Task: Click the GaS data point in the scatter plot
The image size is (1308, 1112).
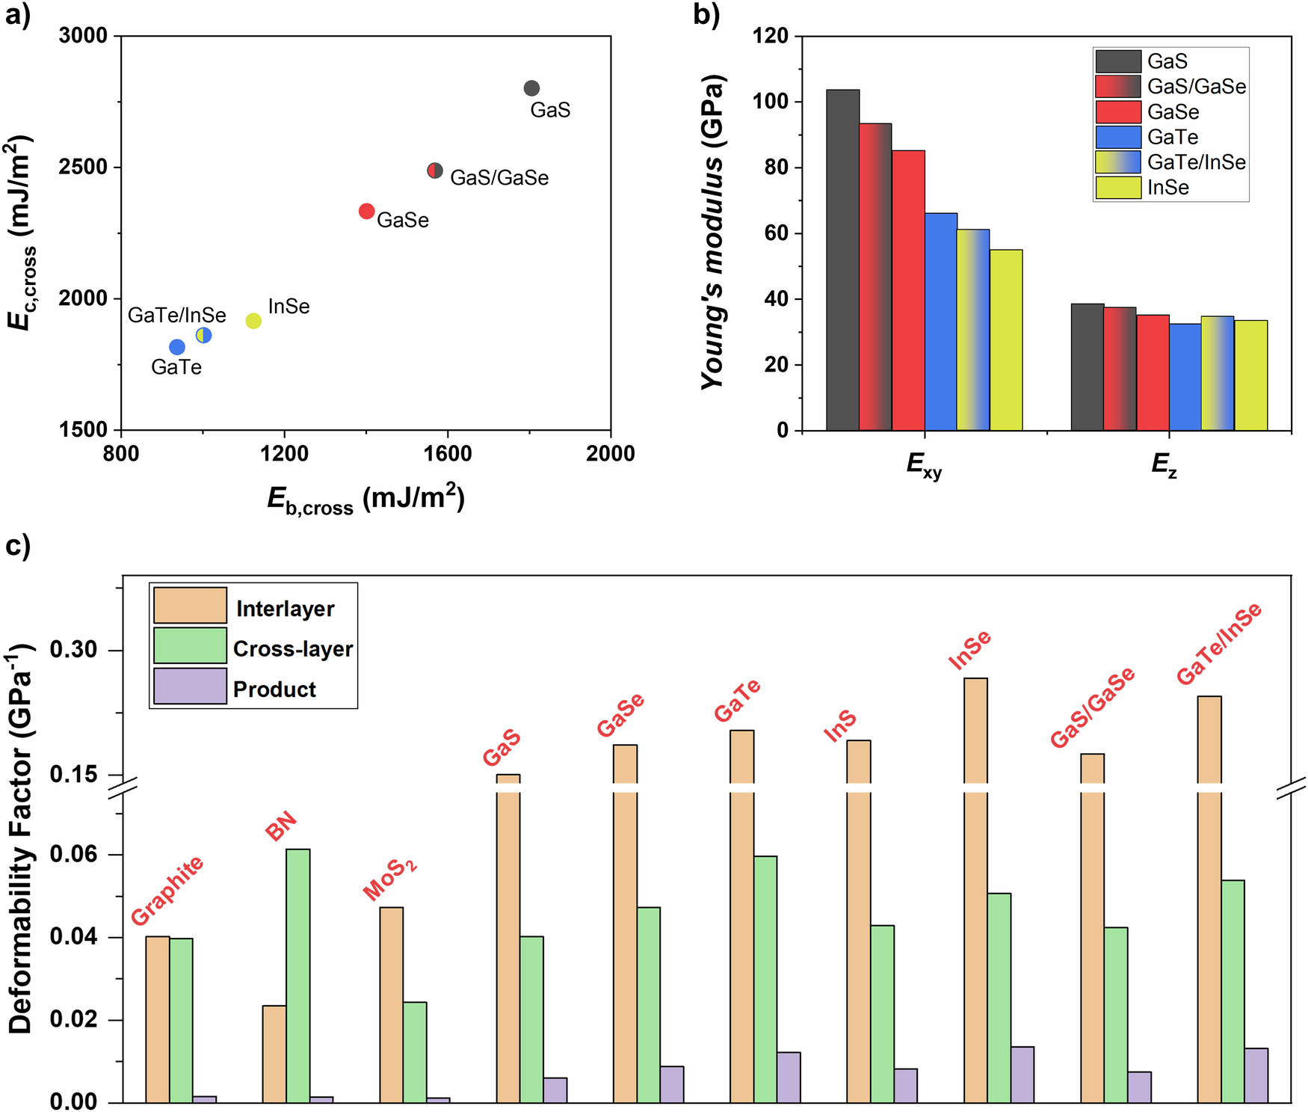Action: click(x=531, y=88)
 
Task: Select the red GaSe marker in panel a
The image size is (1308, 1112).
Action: click(x=366, y=212)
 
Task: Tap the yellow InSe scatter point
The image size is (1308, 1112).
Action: click(x=253, y=321)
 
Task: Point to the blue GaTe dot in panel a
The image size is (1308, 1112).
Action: click(x=177, y=347)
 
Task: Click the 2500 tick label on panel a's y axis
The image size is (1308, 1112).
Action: click(x=83, y=168)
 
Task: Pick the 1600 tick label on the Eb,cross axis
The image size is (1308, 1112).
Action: click(x=447, y=454)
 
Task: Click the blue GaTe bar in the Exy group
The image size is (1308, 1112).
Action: click(x=941, y=322)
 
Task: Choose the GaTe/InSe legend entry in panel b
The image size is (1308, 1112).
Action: click(x=1170, y=162)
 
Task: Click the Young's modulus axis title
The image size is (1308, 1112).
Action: click(x=714, y=232)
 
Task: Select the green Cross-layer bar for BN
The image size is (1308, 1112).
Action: click(x=297, y=975)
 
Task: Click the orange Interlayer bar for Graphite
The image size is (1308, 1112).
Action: click(x=158, y=1019)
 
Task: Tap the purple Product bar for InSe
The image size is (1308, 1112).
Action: click(x=1022, y=1075)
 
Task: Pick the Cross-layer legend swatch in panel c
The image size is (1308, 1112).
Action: click(x=190, y=645)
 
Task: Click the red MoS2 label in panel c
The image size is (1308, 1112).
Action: click(x=389, y=879)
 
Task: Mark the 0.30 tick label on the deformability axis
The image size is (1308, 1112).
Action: click(x=73, y=650)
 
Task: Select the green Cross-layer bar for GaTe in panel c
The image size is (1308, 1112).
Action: click(x=765, y=979)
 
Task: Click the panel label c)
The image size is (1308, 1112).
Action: click(x=18, y=546)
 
